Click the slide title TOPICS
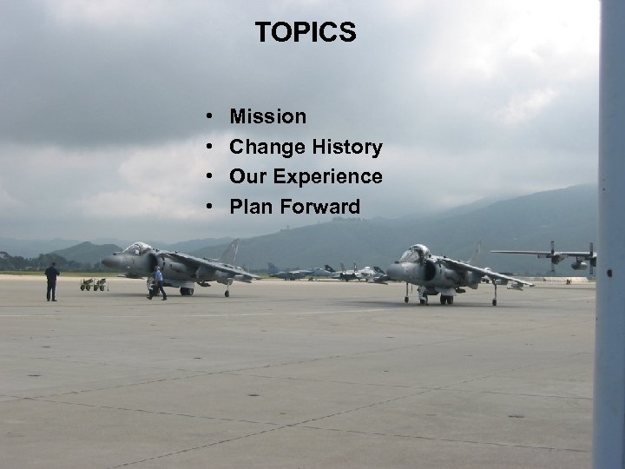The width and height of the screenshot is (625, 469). point(306,33)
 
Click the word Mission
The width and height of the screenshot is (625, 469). point(267,116)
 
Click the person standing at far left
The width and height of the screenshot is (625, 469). point(52,281)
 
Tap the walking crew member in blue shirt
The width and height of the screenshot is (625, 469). point(158,284)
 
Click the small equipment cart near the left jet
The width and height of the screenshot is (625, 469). point(94,284)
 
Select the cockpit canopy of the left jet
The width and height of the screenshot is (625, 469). point(137,249)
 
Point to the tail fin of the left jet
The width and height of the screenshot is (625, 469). point(230,251)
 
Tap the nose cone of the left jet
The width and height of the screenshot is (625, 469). point(106,261)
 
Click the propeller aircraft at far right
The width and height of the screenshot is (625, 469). point(556,257)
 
